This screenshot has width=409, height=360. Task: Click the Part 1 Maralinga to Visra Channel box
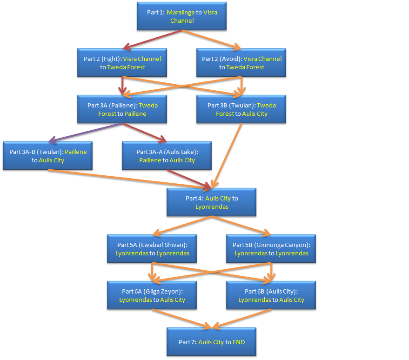[181, 16]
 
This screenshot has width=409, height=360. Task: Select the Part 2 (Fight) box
[122, 63]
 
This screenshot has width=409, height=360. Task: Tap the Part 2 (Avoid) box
[241, 63]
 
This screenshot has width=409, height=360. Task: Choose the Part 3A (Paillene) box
[122, 109]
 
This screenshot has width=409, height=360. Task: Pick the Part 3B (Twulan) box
[241, 109]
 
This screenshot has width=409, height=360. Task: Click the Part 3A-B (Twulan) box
[47, 156]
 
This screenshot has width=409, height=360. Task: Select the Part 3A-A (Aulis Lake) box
[167, 156]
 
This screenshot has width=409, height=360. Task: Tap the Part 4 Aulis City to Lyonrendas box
[211, 202]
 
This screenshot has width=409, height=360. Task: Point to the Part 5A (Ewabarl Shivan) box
[152, 249]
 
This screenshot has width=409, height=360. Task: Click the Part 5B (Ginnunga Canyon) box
[271, 249]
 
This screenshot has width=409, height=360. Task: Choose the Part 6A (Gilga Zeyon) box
[152, 295]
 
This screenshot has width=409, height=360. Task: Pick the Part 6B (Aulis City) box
[271, 295]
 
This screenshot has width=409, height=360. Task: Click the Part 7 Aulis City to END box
[211, 342]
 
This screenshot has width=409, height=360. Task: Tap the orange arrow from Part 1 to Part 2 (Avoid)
[212, 40]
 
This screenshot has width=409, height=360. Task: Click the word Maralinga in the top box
[181, 12]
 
